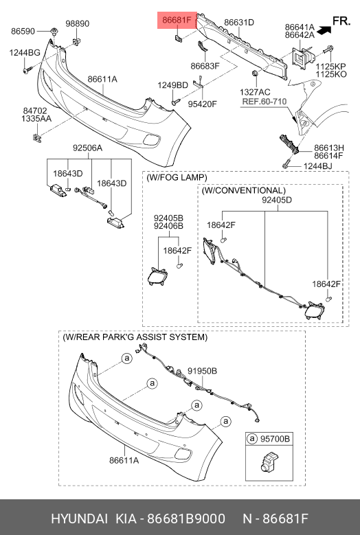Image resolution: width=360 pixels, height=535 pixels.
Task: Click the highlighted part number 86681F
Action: click(x=177, y=20)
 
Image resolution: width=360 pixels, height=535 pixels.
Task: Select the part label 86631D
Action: click(x=239, y=23)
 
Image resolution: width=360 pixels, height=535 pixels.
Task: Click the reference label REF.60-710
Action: click(x=264, y=102)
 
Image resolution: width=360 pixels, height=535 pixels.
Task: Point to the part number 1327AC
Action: click(x=255, y=92)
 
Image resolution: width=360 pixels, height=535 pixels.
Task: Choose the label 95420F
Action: click(x=203, y=104)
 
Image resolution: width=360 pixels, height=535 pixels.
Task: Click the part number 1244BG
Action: click(x=25, y=53)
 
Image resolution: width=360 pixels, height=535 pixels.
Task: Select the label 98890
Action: click(x=78, y=23)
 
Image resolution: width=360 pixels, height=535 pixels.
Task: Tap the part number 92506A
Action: click(x=87, y=148)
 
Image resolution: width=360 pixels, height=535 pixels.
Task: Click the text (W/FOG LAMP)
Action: click(x=177, y=177)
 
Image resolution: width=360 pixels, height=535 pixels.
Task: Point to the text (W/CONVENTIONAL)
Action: click(x=244, y=190)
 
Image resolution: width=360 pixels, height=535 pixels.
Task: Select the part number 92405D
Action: click(x=277, y=200)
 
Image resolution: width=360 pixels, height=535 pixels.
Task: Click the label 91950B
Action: click(x=202, y=371)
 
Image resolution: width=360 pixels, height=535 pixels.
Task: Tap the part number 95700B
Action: click(x=275, y=438)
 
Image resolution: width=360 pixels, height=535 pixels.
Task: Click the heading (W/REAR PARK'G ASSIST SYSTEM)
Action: click(x=135, y=337)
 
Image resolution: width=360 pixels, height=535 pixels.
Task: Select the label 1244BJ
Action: click(x=317, y=166)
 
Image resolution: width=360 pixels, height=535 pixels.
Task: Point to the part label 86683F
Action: click(x=205, y=66)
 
